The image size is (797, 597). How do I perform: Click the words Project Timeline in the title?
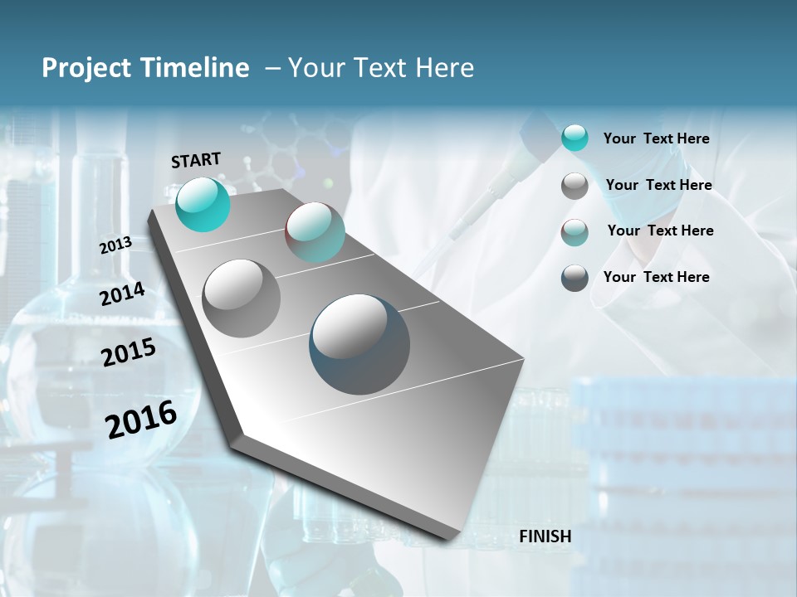[145, 68]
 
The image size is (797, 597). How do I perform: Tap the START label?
[196, 160]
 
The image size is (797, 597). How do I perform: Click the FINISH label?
[545, 536]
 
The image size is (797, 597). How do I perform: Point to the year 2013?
[115, 245]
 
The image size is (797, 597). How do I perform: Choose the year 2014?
[122, 294]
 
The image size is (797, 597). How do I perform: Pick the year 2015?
[129, 352]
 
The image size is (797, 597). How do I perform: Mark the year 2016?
[141, 420]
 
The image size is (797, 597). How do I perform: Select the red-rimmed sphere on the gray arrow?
[315, 233]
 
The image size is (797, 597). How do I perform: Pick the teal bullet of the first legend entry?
[575, 138]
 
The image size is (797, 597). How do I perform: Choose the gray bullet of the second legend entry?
[575, 186]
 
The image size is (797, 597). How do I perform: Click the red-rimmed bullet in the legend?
[575, 232]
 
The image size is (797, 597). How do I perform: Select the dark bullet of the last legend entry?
[575, 278]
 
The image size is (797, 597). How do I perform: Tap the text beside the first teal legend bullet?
[656, 139]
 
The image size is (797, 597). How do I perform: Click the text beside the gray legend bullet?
[658, 185]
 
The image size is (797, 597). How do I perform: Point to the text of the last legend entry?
[656, 277]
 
